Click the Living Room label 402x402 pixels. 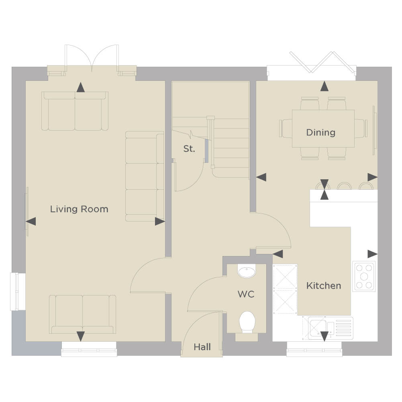point(79,209)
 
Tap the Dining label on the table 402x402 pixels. point(321,133)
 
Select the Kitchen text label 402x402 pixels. point(324,286)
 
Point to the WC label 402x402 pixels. point(246,294)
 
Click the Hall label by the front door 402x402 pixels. point(202,347)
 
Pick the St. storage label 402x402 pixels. point(189,149)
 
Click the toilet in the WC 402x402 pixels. point(247,322)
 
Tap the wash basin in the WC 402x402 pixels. point(247,271)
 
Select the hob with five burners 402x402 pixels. point(364,276)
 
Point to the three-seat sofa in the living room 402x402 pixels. point(145,176)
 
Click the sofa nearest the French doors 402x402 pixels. point(75,111)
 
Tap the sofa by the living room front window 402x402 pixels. point(83,314)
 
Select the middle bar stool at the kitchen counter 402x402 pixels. point(343,186)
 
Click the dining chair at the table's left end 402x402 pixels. point(286,128)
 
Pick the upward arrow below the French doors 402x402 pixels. point(81,87)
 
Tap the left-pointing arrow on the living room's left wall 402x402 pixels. point(31,222)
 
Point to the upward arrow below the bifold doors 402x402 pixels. point(324,86)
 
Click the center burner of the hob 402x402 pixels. point(364,276)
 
